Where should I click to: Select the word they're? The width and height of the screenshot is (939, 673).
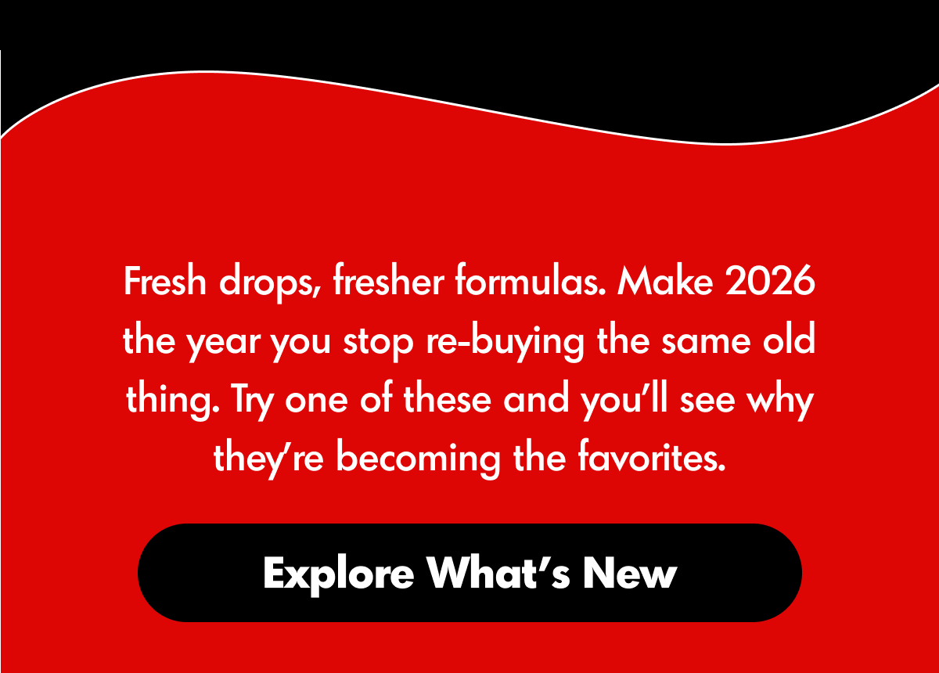pyautogui.click(x=268, y=459)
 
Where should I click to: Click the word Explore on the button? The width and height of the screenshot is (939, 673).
pyautogui.click(x=338, y=574)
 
